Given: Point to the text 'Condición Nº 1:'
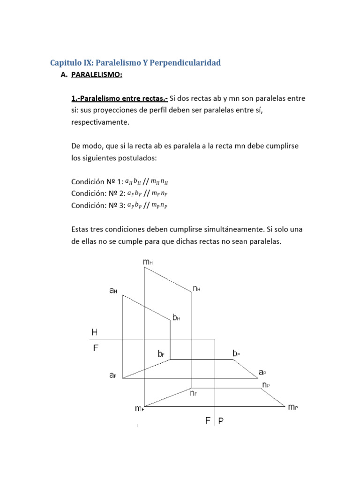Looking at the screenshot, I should pyautogui.click(x=97, y=181).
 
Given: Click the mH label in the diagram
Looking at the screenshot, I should pyautogui.click(x=147, y=263).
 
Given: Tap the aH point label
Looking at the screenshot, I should pyautogui.click(x=113, y=291).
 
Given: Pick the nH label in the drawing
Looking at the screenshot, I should pyautogui.click(x=196, y=289).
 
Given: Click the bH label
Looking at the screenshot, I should pyautogui.click(x=176, y=318).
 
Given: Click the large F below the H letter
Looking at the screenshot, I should pyautogui.click(x=95, y=348).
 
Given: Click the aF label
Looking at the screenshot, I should pyautogui.click(x=113, y=375).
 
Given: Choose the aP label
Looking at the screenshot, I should pyautogui.click(x=262, y=372).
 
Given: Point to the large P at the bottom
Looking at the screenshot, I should pyautogui.click(x=221, y=421).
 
